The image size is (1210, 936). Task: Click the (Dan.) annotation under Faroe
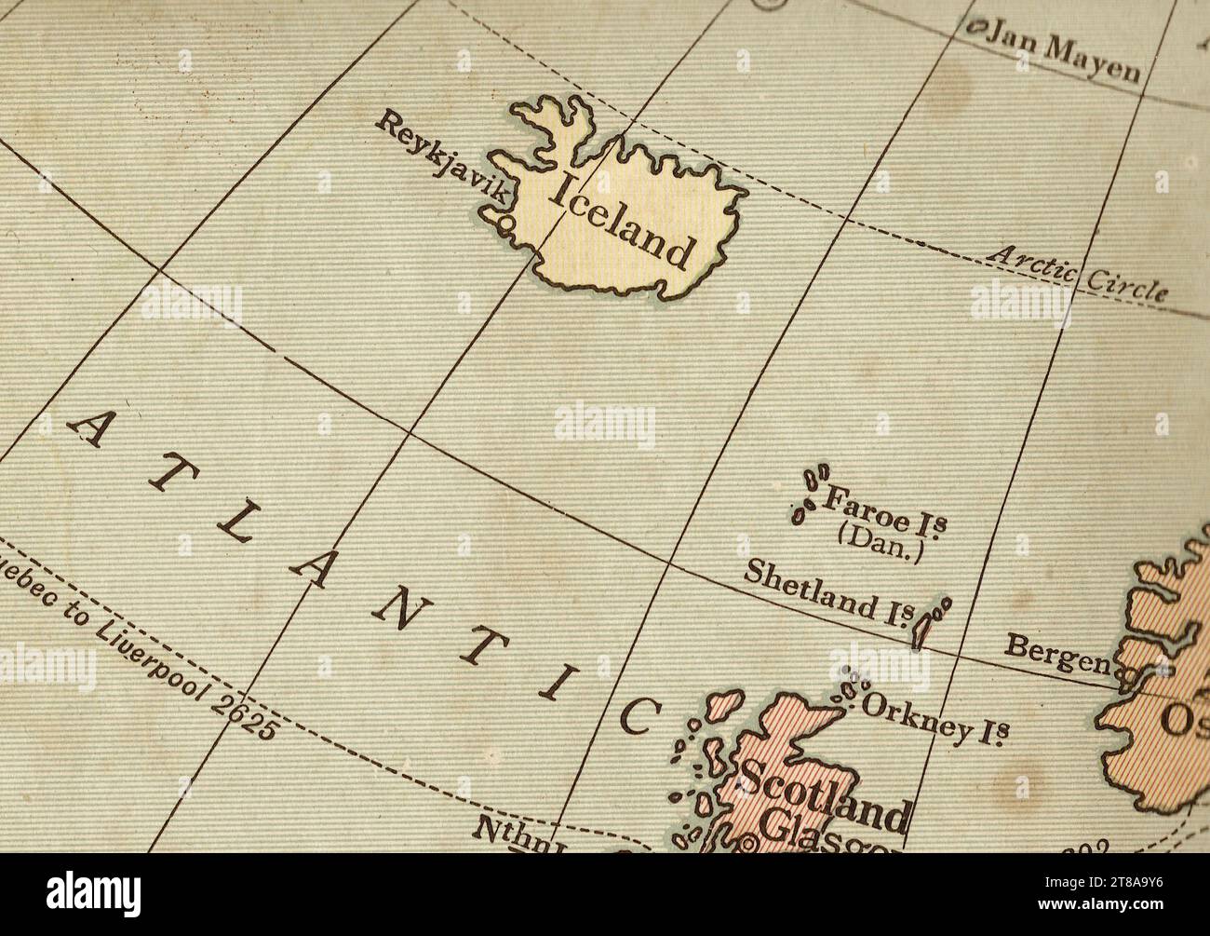(880, 541)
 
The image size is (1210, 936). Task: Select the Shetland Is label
(825, 593)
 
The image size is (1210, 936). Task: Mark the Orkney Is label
(935, 718)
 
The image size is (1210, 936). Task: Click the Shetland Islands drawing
(927, 620)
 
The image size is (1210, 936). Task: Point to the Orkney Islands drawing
(848, 690)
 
